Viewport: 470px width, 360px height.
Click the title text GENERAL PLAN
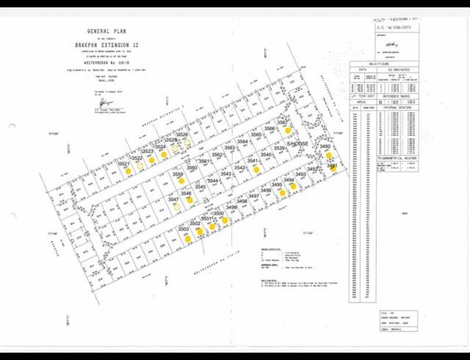click(108, 32)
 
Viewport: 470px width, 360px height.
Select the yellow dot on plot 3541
click(256, 169)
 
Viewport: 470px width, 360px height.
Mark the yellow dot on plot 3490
click(329, 156)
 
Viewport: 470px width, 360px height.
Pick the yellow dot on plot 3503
click(188, 238)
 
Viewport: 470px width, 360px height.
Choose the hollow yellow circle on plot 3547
click(176, 207)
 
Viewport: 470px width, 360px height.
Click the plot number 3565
click(256, 135)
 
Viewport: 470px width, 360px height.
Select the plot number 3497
click(253, 196)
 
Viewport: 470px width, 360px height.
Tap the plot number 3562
click(217, 155)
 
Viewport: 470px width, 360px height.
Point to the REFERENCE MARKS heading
click(395, 96)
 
